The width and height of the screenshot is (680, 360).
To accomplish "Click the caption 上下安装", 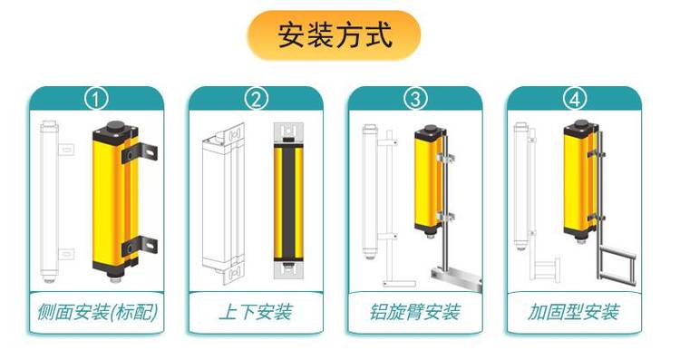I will [256, 313].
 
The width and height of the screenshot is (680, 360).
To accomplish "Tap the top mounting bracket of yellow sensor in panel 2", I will [287, 133].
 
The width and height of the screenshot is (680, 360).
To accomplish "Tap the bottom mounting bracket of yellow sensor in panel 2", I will [287, 268].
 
